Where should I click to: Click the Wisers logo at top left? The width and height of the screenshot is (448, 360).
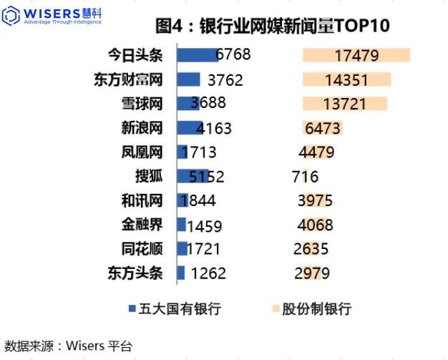coord(53,16)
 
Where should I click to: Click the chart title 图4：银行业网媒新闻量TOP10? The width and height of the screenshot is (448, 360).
coord(273,26)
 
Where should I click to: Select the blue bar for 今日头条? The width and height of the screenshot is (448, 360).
coord(197,55)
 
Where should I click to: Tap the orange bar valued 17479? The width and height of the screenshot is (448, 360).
coord(356,55)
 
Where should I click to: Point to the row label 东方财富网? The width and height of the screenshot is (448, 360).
coord(128,79)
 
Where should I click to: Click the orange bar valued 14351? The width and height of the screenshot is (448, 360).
coord(346,79)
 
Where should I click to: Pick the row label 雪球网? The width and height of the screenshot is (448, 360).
coord(142,104)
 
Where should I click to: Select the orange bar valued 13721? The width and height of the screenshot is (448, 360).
coord(345,104)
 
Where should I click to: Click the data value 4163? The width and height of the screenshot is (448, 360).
coord(213,129)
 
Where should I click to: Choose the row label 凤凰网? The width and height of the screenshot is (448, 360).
coord(142,152)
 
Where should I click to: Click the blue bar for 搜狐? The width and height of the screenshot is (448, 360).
coord(193,177)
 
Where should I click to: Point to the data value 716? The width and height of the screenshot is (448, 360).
coord(306,177)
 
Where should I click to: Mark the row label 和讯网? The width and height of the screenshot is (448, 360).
coord(142,201)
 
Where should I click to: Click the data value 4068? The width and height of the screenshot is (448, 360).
coord(315,225)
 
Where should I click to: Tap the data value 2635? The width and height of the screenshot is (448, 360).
coord(311,250)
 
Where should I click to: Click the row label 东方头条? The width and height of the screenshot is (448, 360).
coord(135,273)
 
